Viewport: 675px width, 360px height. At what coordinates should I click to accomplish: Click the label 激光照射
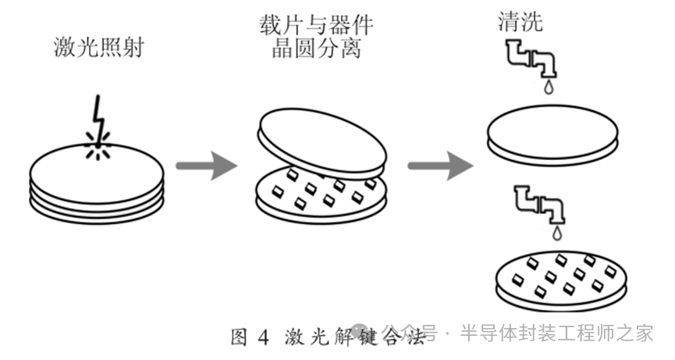point(97,48)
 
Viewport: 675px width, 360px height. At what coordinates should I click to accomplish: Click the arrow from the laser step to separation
point(206,166)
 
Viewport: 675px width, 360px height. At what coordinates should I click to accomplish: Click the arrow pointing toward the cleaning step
point(440,166)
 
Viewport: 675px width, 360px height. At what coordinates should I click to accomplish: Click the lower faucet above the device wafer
point(538,205)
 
